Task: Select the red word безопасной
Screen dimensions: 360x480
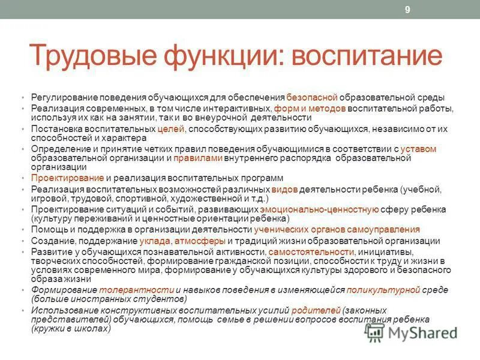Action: [x=312, y=97]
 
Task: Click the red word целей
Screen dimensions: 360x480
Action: [x=171, y=128]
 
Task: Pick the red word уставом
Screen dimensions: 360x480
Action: [x=419, y=148]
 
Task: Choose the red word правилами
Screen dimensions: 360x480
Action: [x=198, y=158]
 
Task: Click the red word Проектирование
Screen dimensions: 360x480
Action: [x=68, y=178]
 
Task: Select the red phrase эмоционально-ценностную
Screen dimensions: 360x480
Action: [x=320, y=209]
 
